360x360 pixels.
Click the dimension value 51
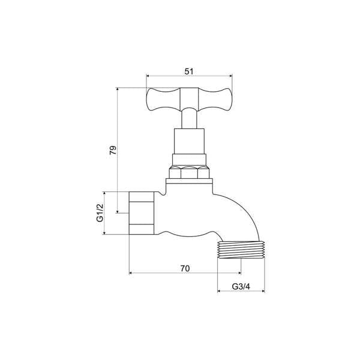tap(189, 71)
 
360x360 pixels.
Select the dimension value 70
tap(185, 268)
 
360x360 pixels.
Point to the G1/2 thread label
tap(100, 213)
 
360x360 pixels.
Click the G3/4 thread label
tap(241, 287)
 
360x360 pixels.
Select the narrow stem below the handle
tap(190, 119)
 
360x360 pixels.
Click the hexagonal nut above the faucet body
tap(190, 173)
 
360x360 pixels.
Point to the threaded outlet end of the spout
tap(240, 250)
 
